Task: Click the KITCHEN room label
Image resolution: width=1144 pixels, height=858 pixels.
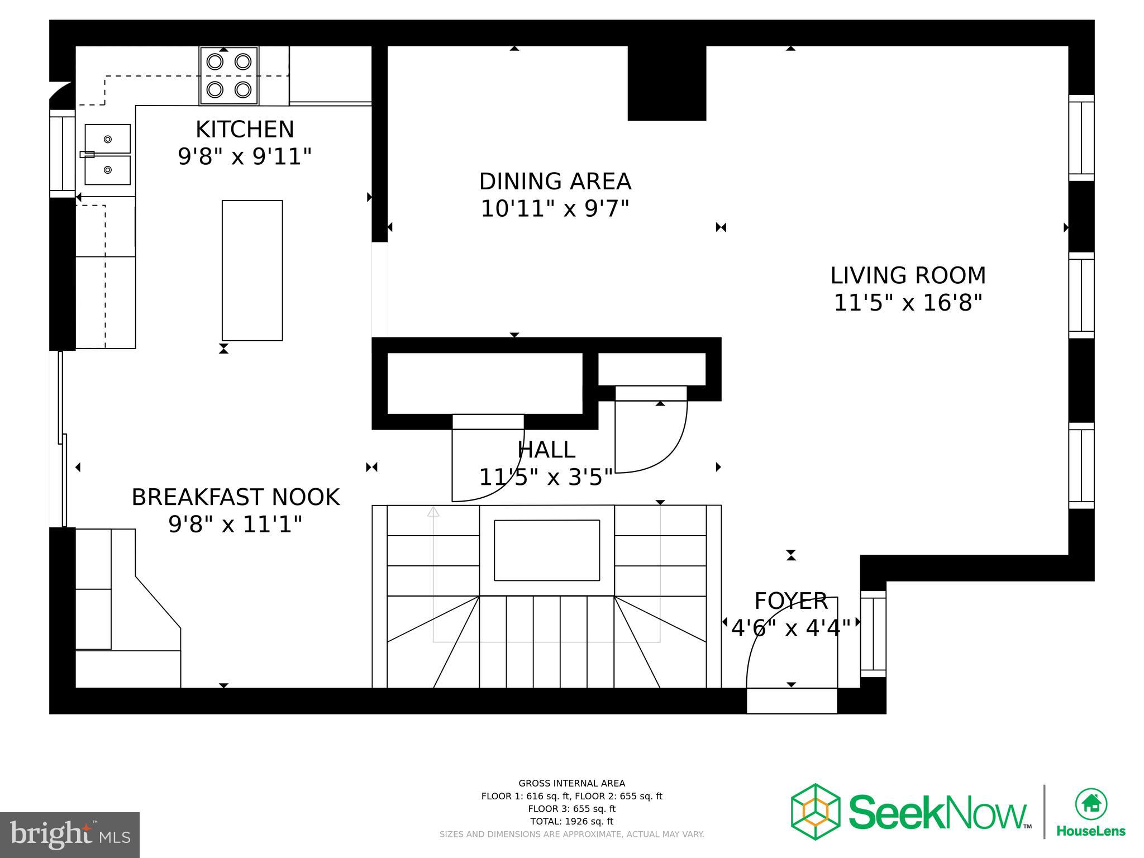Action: [x=245, y=130]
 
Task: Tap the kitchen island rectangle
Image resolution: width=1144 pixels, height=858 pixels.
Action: [x=252, y=270]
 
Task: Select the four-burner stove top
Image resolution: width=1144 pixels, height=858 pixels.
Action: [x=229, y=75]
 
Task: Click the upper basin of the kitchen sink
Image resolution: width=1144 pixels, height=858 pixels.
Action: [x=108, y=139]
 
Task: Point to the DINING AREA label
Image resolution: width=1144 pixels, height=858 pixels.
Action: [x=555, y=182]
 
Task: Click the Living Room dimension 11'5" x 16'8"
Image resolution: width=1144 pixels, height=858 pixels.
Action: [x=908, y=303]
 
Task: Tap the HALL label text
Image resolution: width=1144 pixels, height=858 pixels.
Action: [x=546, y=450]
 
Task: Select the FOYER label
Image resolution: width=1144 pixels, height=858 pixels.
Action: [x=790, y=601]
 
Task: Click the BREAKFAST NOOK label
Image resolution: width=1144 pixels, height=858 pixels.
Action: [x=235, y=497]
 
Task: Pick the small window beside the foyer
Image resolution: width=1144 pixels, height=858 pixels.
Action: [x=873, y=634]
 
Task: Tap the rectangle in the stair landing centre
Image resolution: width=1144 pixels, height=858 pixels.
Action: [x=546, y=550]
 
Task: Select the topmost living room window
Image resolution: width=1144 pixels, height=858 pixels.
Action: [x=1081, y=137]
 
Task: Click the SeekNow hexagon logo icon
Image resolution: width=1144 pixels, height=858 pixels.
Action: [x=815, y=811]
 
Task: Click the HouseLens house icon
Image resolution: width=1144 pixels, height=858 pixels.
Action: [x=1091, y=804]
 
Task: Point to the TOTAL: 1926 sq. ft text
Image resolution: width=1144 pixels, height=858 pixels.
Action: [x=571, y=821]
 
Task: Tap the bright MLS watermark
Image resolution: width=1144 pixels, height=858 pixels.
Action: [x=69, y=835]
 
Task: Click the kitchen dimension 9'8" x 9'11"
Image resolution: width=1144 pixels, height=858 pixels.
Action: [x=245, y=156]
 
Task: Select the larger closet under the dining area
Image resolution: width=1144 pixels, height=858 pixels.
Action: [x=484, y=383]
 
